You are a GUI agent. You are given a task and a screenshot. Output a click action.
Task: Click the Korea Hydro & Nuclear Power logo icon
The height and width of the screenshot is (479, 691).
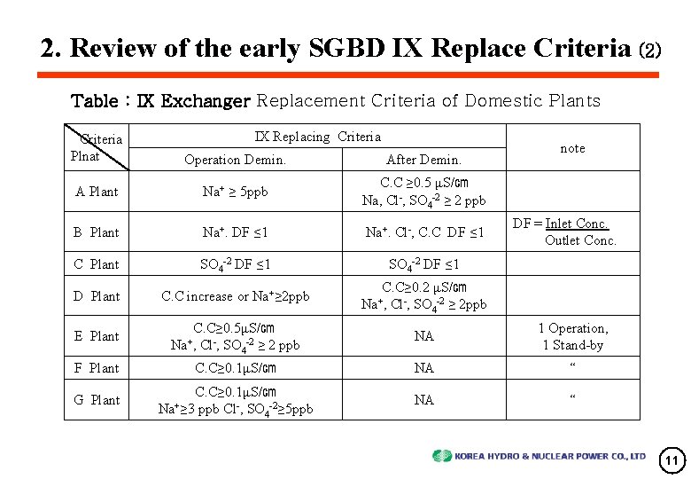click(x=442, y=456)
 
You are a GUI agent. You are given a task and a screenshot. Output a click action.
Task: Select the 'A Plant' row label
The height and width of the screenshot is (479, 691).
click(x=97, y=192)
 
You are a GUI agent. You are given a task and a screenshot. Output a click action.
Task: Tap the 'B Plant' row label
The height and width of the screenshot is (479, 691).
click(x=97, y=232)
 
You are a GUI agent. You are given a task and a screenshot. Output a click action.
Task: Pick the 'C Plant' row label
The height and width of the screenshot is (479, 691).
click(x=97, y=264)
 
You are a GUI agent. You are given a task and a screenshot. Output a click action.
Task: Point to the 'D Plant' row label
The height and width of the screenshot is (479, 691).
click(x=97, y=296)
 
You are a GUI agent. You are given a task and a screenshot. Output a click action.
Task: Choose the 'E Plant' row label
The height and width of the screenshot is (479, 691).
click(x=97, y=336)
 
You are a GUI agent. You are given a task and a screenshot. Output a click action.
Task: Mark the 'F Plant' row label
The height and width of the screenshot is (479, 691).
click(x=97, y=368)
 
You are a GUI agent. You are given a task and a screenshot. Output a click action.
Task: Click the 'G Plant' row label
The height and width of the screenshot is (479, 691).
click(x=97, y=400)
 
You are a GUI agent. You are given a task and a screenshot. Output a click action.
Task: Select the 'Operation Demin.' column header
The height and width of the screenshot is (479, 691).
click(x=235, y=160)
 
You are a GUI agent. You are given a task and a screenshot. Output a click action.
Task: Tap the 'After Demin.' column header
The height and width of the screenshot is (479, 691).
click(x=423, y=160)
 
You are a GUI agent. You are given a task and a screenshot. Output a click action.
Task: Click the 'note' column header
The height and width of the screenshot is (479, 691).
click(x=572, y=148)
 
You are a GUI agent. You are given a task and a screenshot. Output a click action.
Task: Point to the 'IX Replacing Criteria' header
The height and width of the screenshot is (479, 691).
click(x=318, y=137)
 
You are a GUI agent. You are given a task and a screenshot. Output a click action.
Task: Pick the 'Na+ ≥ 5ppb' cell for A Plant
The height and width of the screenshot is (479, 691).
click(x=235, y=192)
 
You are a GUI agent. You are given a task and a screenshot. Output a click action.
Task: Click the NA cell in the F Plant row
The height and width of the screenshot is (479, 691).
click(x=423, y=368)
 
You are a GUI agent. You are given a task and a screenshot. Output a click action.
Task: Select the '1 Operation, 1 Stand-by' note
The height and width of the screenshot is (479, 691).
click(x=573, y=336)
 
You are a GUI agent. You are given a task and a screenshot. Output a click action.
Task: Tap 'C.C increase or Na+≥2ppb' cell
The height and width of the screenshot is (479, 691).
click(x=235, y=296)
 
